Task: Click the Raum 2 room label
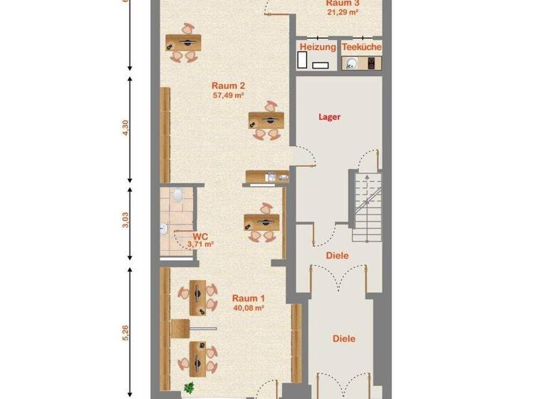(x=228, y=85)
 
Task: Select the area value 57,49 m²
(x=228, y=95)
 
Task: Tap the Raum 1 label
(x=249, y=299)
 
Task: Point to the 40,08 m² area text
(x=249, y=309)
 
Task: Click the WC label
(x=200, y=236)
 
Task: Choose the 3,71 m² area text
(x=201, y=244)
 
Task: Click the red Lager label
(x=330, y=116)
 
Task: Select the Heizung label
(x=317, y=47)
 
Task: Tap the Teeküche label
(x=361, y=47)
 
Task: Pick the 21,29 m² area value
(x=342, y=12)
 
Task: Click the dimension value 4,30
(x=126, y=128)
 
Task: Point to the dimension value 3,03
(x=126, y=222)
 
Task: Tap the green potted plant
(x=189, y=388)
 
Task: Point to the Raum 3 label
(x=342, y=3)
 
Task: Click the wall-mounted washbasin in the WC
(x=164, y=229)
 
